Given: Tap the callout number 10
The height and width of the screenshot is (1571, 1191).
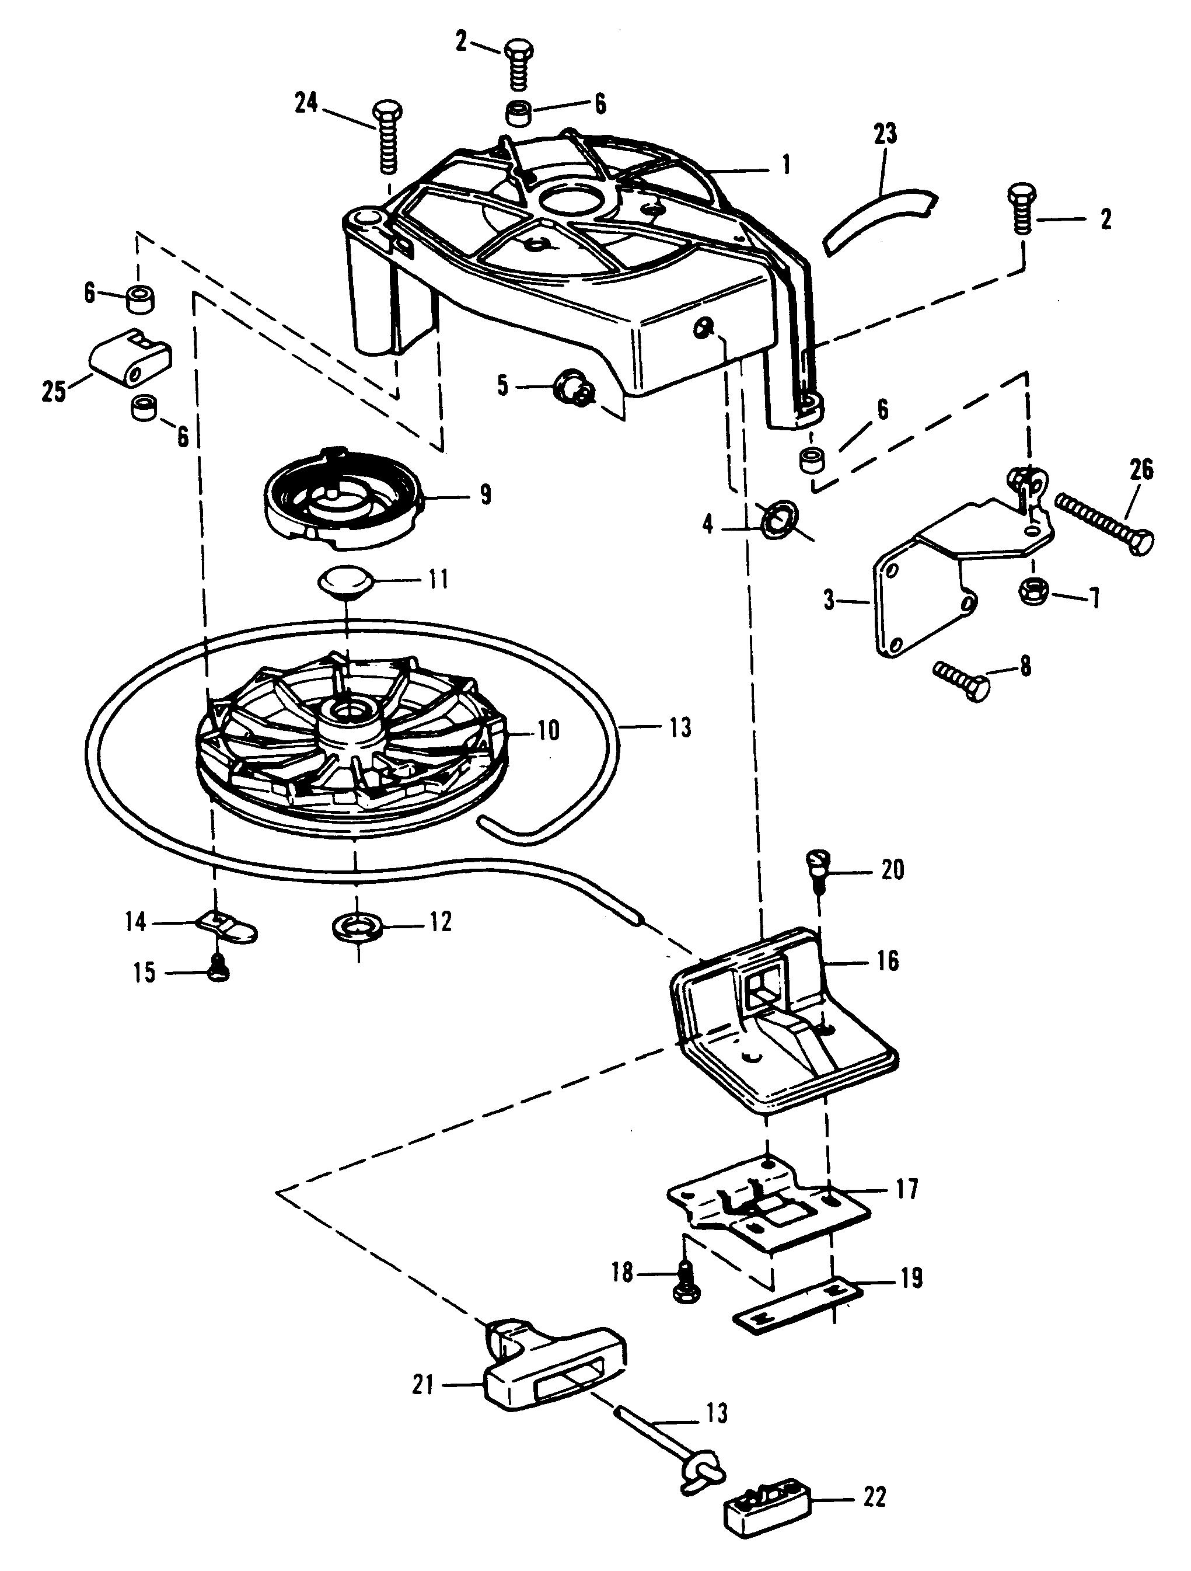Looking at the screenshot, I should [x=547, y=730].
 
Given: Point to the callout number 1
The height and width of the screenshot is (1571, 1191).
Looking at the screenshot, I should [x=785, y=165].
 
